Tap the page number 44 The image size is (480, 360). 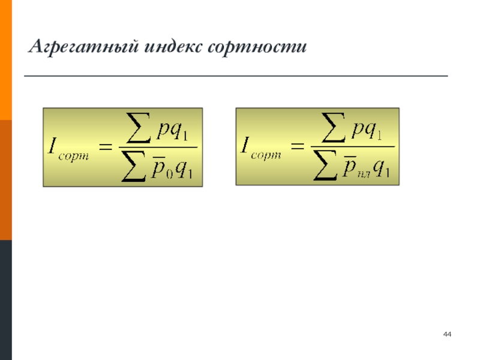point(447,334)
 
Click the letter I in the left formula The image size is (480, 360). point(53,146)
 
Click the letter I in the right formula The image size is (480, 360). point(246,146)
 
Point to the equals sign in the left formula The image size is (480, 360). point(106,146)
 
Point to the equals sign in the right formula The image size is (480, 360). point(299,146)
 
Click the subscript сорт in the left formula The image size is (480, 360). point(76,155)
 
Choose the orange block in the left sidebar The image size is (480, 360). point(6,60)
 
